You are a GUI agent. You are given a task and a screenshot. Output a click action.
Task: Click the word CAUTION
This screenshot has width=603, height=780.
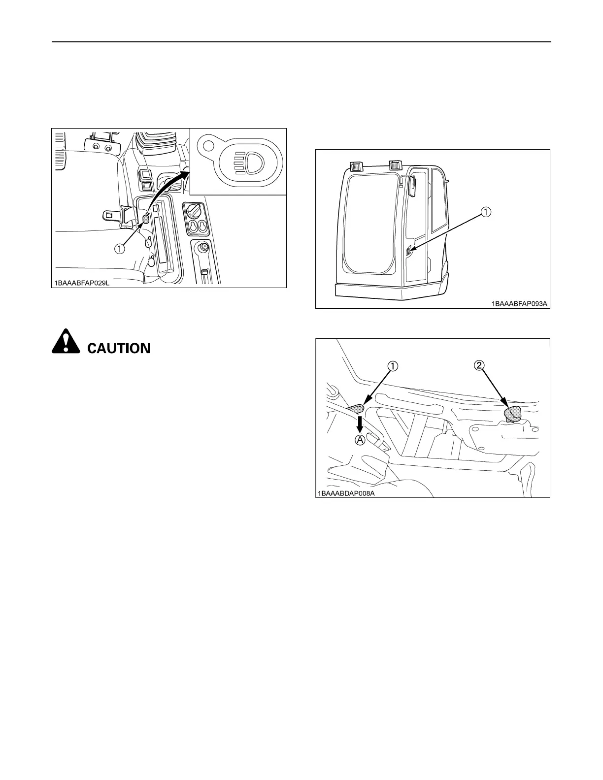tap(119, 348)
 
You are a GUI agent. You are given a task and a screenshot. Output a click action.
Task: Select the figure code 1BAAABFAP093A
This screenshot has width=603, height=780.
tap(519, 304)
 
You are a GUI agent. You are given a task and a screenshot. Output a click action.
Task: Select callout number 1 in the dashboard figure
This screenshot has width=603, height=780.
tap(120, 249)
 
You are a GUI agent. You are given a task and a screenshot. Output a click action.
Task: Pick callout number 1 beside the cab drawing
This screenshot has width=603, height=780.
tap(485, 212)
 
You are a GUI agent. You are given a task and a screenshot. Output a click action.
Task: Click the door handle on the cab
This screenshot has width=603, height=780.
tap(409, 253)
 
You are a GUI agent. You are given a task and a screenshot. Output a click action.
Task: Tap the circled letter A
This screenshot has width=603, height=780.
tap(361, 440)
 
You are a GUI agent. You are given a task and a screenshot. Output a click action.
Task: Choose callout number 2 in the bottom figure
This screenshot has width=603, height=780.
tap(480, 365)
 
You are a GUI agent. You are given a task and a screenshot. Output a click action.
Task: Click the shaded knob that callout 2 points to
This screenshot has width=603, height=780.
tap(513, 414)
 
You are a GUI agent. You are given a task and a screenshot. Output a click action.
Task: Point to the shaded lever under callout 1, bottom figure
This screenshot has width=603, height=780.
tap(357, 407)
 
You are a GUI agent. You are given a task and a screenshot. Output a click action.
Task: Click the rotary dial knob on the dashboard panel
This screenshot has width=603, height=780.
tap(193, 212)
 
